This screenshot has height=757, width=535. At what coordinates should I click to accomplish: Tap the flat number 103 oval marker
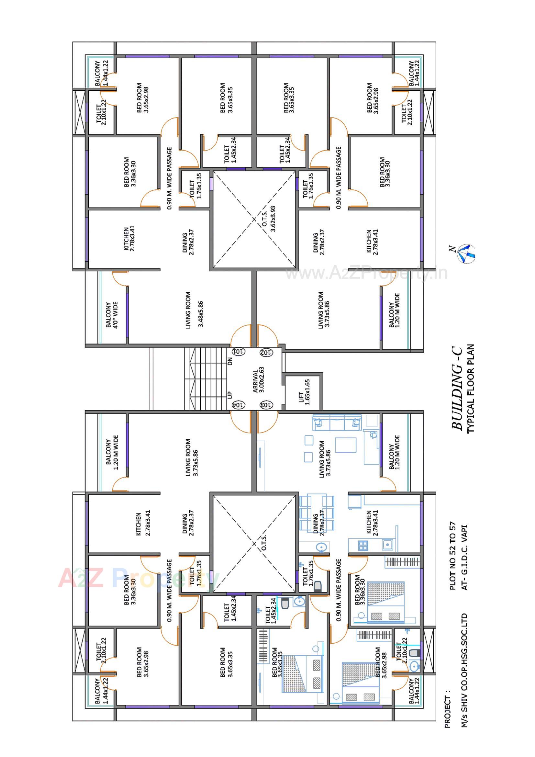(x=266, y=404)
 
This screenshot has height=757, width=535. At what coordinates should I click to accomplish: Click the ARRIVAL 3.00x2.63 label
(x=259, y=381)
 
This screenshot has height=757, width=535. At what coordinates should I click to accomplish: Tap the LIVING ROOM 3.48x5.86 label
(x=195, y=309)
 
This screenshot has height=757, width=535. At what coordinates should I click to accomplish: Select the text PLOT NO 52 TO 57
(x=453, y=556)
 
